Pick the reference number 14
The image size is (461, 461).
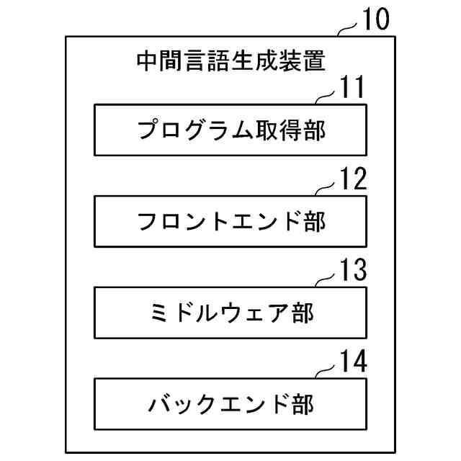(353, 362)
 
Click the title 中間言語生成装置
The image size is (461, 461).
(230, 61)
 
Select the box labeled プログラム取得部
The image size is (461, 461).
(230, 130)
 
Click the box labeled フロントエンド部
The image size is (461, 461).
(230, 221)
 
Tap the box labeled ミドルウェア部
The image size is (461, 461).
(230, 313)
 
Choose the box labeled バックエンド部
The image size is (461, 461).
(230, 404)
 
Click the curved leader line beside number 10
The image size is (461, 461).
(348, 29)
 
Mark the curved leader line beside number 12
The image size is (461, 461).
(326, 189)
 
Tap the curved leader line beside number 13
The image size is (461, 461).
(326, 280)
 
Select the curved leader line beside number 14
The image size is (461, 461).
(326, 372)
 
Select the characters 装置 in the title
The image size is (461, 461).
(302, 61)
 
